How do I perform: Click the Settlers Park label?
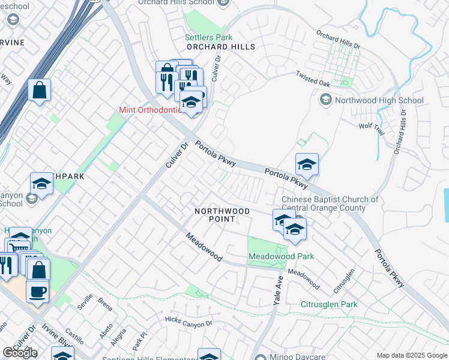(x=208, y=37)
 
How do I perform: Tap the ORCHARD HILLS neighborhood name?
(x=220, y=47)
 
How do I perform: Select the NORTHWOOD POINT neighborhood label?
(x=222, y=215)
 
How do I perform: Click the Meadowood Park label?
(x=282, y=257)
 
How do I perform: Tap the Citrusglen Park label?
(x=329, y=304)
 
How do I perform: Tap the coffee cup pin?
(x=38, y=292)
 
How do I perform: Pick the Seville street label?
(x=85, y=301)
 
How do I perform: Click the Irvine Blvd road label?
(x=56, y=337)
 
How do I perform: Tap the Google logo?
(x=20, y=353)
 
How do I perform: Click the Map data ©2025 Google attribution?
(x=412, y=355)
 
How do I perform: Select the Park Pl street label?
(x=139, y=346)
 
